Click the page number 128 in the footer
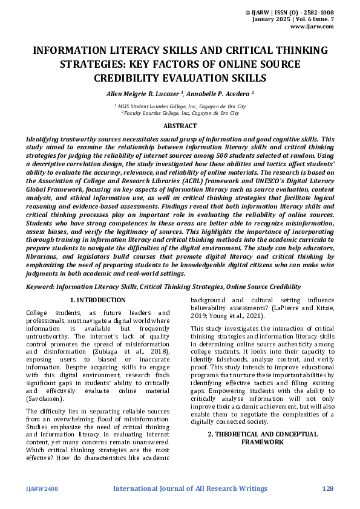[328, 488]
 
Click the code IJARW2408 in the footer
[42, 488]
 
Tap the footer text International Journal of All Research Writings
[190, 488]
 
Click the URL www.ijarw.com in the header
[312, 27]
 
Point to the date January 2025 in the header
[273, 19]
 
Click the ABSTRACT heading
[180, 126]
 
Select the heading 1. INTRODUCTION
[98, 300]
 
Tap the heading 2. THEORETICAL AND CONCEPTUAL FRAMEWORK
[262, 438]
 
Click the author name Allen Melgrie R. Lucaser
[143, 94]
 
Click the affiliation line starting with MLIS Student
[180, 106]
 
